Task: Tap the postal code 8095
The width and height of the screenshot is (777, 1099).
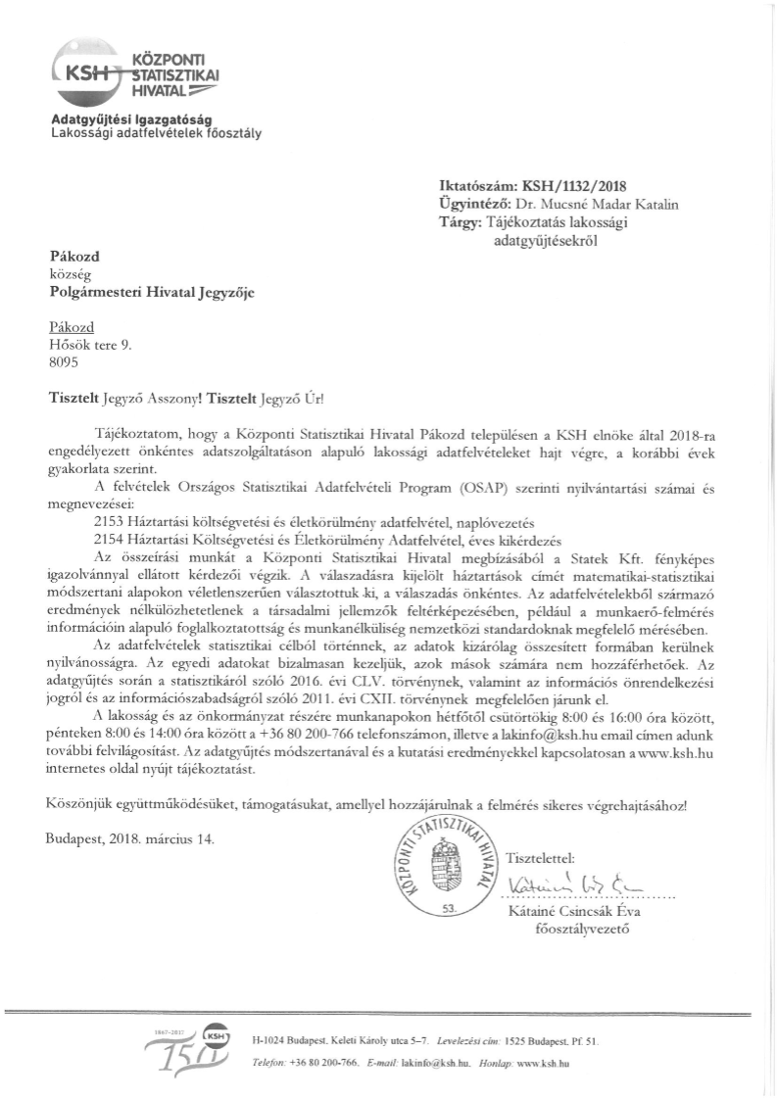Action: click(x=65, y=359)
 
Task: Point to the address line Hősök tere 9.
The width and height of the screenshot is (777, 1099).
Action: click(x=89, y=343)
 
